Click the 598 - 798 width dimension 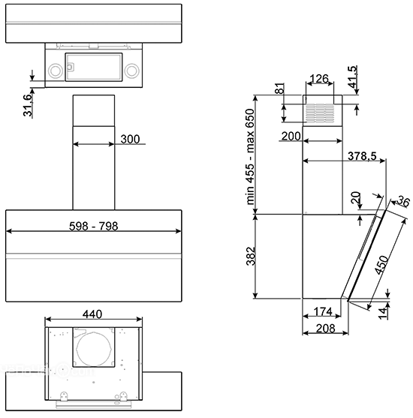[x=93, y=227]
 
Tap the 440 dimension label [x=92, y=314]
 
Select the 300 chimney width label [x=130, y=139]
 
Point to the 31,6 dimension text [x=29, y=105]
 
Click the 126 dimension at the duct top [x=319, y=79]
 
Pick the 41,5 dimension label [x=352, y=77]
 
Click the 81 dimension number [x=279, y=89]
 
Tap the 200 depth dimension [x=291, y=137]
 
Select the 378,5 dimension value [x=362, y=156]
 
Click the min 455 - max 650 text [x=250, y=157]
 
